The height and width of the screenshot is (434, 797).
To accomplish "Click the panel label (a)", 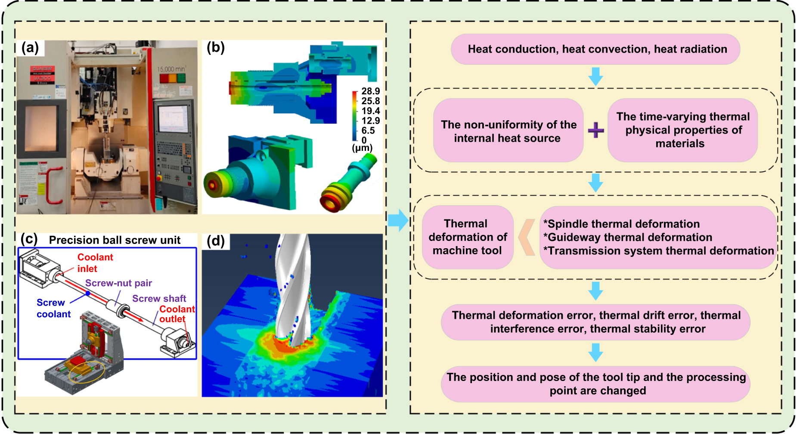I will click(30, 47).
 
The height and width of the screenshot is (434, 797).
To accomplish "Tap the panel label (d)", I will click(215, 241).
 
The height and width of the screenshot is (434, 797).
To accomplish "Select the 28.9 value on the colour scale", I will click(370, 91).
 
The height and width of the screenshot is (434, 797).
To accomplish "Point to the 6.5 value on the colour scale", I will click(368, 131).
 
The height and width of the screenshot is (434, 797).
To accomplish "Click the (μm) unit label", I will click(362, 148).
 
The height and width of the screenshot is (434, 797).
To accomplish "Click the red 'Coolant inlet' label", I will click(95, 263).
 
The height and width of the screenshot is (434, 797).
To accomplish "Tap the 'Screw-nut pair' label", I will click(118, 283).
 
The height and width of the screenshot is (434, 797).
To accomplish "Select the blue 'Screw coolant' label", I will click(53, 308).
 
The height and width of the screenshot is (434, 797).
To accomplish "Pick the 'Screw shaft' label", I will click(159, 299).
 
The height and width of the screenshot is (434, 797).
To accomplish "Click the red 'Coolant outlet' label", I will click(177, 314).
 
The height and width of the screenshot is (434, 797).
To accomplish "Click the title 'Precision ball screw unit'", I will click(115, 240).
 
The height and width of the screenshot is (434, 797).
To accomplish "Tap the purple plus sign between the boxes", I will click(595, 130).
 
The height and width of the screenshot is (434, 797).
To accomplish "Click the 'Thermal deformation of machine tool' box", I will click(467, 237).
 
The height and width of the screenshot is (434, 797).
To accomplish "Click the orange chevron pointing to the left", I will click(527, 237).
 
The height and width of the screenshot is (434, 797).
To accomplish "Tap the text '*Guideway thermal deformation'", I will click(628, 237).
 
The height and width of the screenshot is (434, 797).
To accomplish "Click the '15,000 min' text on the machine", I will click(171, 69).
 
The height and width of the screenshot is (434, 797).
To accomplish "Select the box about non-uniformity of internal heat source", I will click(508, 131).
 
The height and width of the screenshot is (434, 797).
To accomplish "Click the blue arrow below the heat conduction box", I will click(595, 76).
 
